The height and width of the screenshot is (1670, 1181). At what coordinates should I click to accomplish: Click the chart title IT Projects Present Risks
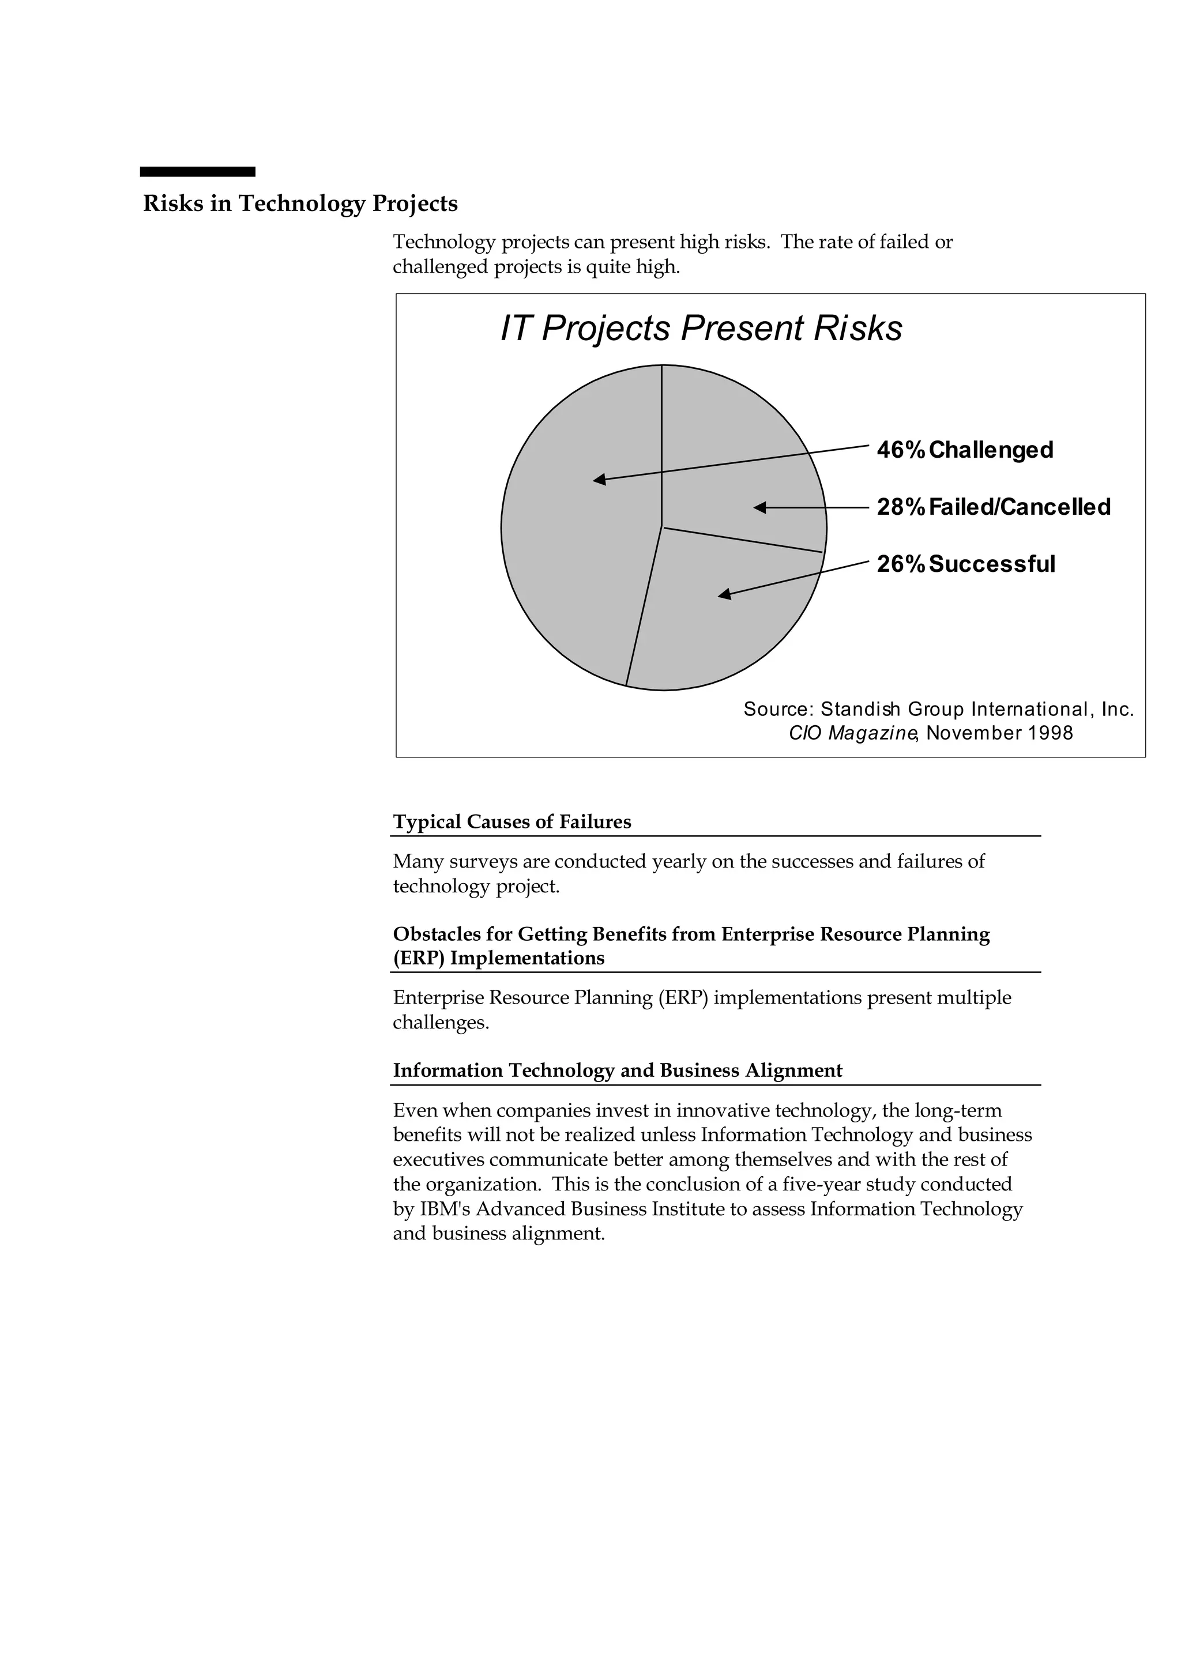[x=701, y=328]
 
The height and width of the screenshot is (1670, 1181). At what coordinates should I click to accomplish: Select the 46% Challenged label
[x=964, y=450]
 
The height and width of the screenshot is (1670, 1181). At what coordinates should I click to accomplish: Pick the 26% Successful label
[x=965, y=564]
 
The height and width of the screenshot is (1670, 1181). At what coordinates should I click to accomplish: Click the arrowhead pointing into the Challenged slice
[x=600, y=479]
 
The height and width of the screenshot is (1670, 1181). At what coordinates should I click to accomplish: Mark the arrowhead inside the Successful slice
[x=724, y=595]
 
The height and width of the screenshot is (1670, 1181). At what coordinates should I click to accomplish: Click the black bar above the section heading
[x=197, y=172]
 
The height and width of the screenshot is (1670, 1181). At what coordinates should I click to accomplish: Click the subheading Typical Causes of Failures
[x=511, y=822]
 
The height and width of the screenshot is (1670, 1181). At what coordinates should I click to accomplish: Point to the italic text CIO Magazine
[x=851, y=733]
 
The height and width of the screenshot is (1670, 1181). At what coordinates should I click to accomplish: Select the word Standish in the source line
[x=860, y=709]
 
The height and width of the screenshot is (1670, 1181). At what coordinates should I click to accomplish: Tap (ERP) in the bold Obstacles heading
[x=419, y=959]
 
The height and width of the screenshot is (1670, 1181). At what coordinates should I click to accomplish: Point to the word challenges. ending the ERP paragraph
[x=440, y=1023]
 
